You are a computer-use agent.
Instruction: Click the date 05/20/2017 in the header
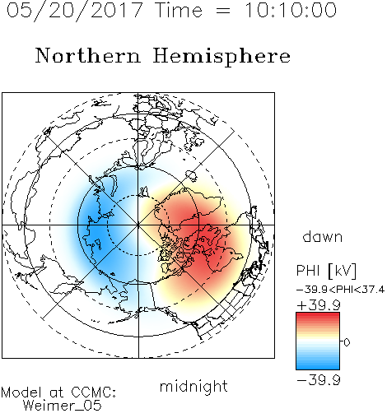[75, 11]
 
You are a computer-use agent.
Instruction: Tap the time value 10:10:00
[291, 10]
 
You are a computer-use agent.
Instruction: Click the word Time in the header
[179, 10]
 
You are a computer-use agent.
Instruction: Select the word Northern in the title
[88, 56]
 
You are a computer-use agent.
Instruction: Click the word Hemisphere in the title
[221, 57]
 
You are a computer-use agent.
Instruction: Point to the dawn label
[323, 236]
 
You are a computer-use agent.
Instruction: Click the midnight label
[193, 387]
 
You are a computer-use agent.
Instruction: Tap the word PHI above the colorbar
[308, 271]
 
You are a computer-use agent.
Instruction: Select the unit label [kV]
[342, 271]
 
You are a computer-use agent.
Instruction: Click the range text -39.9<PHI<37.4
[340, 290]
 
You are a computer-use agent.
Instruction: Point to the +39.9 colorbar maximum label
[319, 305]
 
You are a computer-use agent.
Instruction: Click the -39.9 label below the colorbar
[319, 380]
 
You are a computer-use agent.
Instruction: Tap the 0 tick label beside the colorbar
[347, 342]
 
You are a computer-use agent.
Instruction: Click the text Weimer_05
[63, 406]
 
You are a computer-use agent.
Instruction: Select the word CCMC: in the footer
[93, 392]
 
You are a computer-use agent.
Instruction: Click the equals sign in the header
[223, 11]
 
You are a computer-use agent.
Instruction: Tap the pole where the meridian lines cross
[138, 225]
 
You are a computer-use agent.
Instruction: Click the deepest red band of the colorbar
[318, 314]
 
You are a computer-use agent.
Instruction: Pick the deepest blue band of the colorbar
[318, 368]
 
